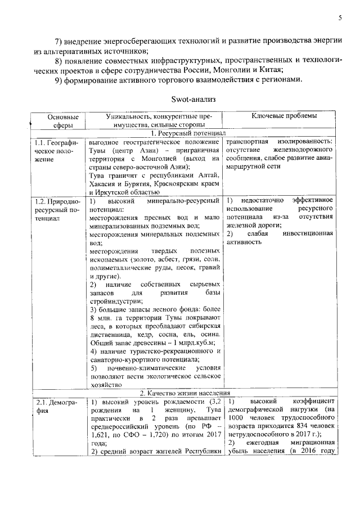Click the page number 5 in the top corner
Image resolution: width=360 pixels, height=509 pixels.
[x=340, y=17]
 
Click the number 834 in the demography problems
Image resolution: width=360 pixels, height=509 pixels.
[x=293, y=426]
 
